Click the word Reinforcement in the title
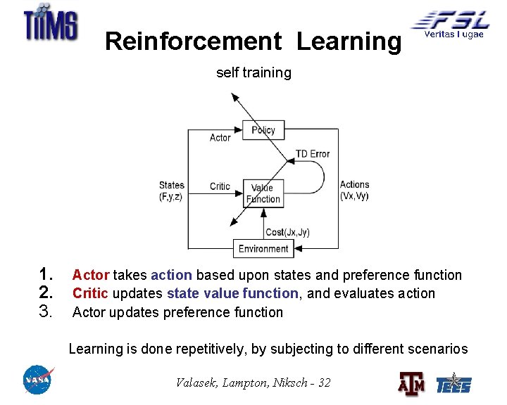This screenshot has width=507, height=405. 193,42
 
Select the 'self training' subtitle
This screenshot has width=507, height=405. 254,72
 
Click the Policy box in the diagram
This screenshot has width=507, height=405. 263,130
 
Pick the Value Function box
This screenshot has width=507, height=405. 263,193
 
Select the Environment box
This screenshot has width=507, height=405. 263,248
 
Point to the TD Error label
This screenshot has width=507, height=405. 312,154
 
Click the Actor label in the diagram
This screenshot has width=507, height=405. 220,138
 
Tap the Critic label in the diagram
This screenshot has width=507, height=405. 220,186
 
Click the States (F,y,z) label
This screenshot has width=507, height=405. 171,191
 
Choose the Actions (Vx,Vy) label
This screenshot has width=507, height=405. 354,191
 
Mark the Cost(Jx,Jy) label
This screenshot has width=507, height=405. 287,232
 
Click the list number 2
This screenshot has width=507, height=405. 47,292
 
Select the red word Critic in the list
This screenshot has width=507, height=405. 89,293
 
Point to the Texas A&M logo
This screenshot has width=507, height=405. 412,384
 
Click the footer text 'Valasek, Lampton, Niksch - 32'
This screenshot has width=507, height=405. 253,382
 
